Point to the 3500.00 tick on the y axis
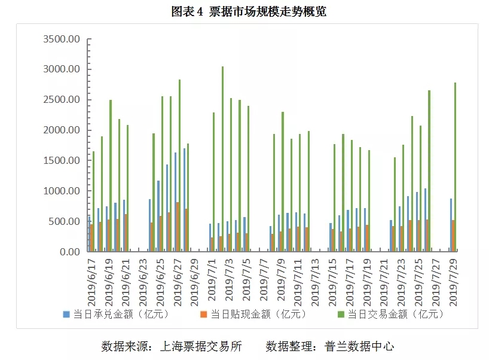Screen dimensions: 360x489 pos(62,39)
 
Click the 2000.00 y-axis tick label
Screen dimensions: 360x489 pos(62,130)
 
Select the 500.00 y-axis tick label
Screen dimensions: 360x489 pos(64,221)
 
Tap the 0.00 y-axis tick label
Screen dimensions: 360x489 pos(69,252)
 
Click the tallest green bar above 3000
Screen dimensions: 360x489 pos(223,158)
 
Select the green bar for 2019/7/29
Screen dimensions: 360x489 pos(455,167)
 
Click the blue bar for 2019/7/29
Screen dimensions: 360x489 pos(451,225)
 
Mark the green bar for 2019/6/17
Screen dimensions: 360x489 pos(93,201)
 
